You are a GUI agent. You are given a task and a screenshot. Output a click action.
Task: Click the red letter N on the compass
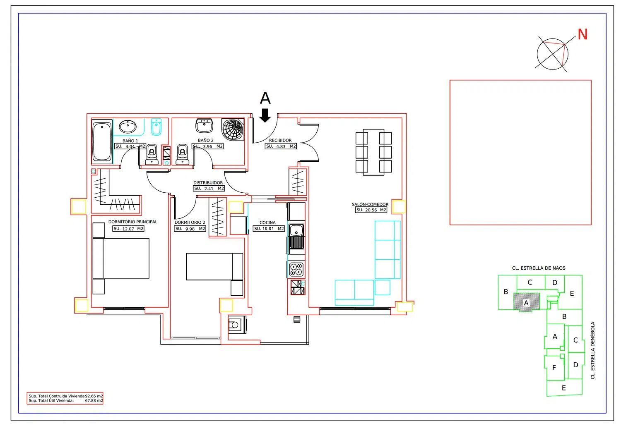pos(582,34)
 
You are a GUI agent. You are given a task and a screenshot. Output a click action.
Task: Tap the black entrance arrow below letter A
pos(265,115)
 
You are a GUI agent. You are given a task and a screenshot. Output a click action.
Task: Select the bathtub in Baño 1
pos(102,141)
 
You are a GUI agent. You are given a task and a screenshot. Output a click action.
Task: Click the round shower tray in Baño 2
pos(233,129)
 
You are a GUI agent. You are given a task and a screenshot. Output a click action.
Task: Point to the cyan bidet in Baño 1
pos(156,127)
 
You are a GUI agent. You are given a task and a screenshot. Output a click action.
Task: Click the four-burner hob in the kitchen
pos(296,269)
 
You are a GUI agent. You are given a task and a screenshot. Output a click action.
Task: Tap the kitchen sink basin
pos(296,230)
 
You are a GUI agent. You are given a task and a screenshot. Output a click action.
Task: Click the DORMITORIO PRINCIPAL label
pos(133,222)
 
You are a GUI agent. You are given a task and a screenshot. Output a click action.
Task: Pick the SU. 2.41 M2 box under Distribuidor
pos(209,189)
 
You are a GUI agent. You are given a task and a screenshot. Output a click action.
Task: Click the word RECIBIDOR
pos(280,141)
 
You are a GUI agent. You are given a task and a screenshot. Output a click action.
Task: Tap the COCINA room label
pos(267,223)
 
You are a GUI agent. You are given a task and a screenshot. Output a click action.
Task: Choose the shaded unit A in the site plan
pos(527,302)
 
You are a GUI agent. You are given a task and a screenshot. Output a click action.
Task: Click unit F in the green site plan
pos(554,368)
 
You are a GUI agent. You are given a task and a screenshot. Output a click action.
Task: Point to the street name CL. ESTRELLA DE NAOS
pos(539,268)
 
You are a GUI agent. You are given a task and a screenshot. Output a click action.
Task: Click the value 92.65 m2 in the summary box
pos(94,396)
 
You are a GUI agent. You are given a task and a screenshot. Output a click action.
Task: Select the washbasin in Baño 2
pos(205,126)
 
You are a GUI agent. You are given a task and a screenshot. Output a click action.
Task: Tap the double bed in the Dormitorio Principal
pos(121,258)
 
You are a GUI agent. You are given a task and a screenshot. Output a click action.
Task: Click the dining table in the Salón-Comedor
pos(373,152)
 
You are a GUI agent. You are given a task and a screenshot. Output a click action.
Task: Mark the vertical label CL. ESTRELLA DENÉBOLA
pos(593,350)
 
